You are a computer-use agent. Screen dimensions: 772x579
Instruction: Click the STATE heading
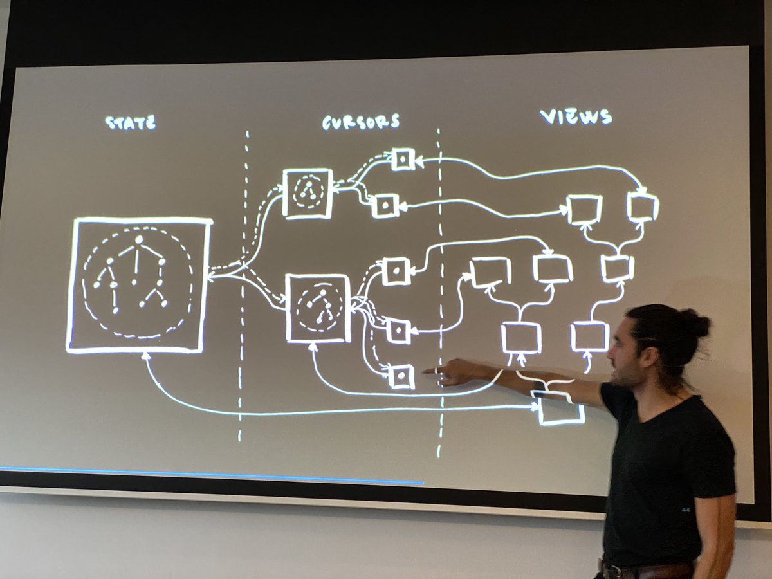coord(131,122)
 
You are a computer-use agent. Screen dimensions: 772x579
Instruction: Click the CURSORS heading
coord(360,121)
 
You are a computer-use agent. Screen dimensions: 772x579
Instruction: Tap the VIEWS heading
coord(576,116)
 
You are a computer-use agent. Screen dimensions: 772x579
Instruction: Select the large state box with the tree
coord(140,285)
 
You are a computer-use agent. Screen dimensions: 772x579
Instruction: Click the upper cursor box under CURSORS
coord(308,193)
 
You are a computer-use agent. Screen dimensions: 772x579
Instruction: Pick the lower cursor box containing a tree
coord(318,308)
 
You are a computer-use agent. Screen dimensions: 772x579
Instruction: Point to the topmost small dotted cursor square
coord(403,159)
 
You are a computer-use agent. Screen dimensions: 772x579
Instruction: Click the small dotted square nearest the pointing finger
coord(402,376)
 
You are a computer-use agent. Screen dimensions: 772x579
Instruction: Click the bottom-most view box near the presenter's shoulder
coord(560,409)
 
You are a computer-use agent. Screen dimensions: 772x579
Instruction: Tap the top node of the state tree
coord(138,240)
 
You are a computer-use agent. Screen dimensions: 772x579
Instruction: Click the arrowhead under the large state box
coord(146,356)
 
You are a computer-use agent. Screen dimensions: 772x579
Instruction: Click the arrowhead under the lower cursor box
coord(313,346)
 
